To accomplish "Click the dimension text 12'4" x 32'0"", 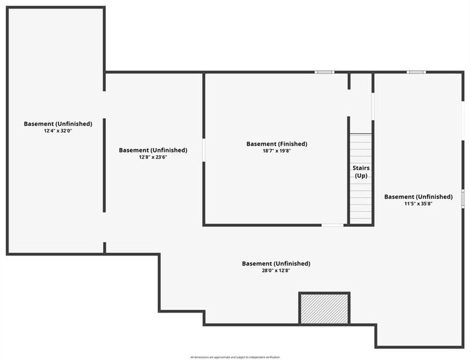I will tap(57, 130).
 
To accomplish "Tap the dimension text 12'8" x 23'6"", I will tap(153, 157).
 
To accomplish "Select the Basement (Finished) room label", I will tap(277, 143).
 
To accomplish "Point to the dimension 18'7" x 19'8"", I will tap(277, 151).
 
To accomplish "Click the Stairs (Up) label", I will tap(361, 172).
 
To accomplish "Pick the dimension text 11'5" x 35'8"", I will tap(418, 203).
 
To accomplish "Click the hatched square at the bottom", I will tap(324, 308).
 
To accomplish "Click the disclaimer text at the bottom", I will tap(235, 357).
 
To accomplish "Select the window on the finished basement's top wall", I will tap(324, 72).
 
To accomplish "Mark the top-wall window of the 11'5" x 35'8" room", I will tap(416, 72).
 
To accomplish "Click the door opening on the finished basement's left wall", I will tap(204, 149).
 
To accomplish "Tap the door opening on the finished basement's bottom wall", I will tap(333, 225).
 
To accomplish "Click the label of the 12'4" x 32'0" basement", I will tap(57, 123).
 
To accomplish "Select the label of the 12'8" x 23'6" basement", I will tap(153, 150).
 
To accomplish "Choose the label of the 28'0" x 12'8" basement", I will tap(275, 263).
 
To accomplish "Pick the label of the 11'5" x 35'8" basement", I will tap(418, 196).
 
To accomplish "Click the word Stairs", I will tap(361, 168).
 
